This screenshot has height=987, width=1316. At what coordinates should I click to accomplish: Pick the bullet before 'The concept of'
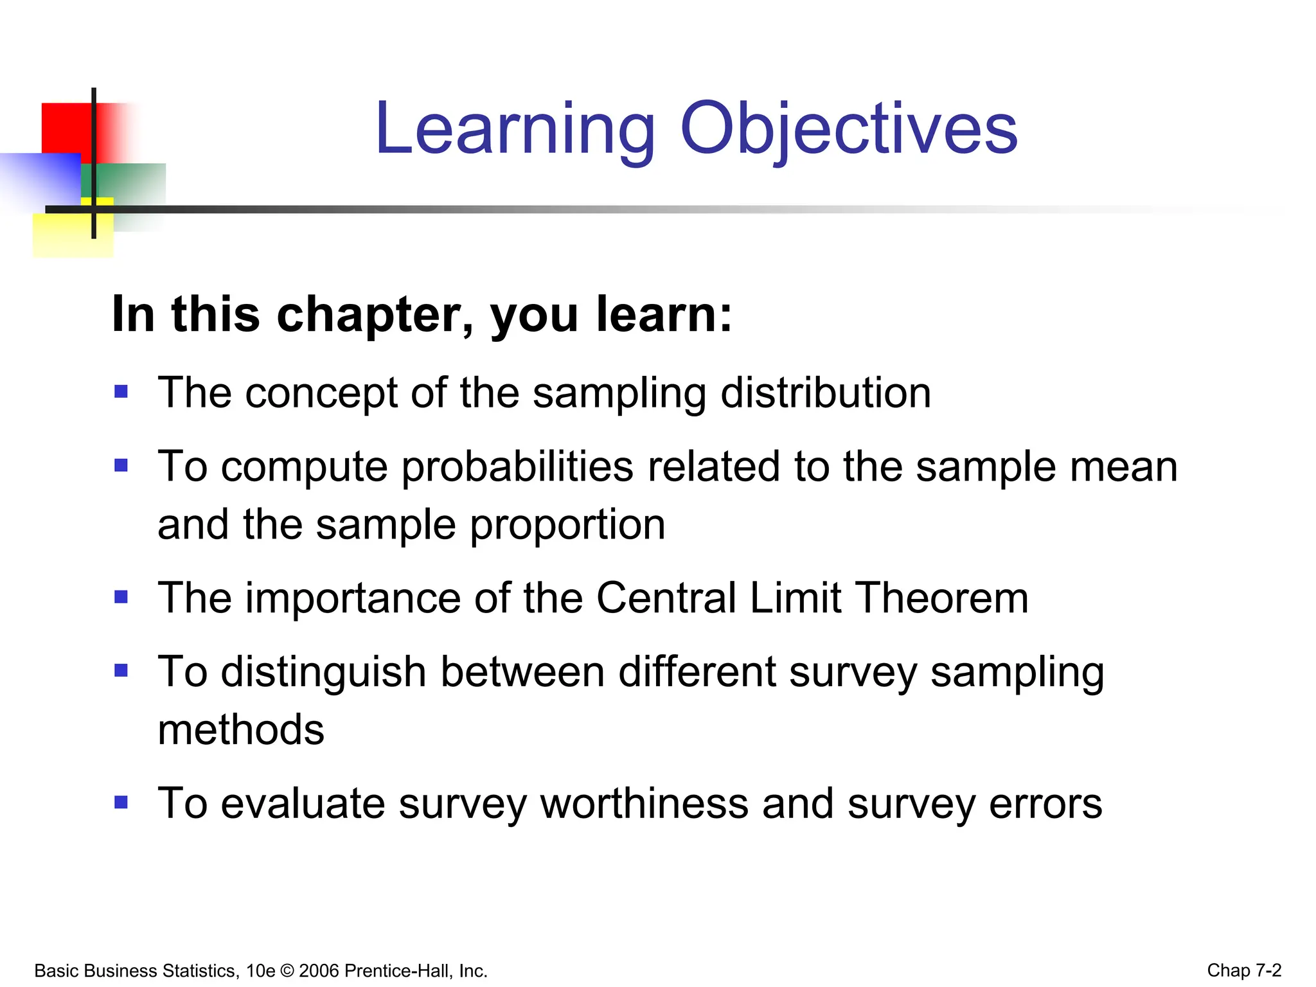tap(121, 391)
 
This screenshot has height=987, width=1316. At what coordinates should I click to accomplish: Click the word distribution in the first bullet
tap(825, 393)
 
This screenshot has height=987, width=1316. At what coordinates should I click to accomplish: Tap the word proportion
tap(567, 525)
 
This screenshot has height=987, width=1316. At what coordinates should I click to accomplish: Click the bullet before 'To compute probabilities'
tap(121, 465)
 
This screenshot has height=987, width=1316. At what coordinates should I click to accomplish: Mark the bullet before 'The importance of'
tap(121, 597)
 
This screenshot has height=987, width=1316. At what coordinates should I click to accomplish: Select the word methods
tap(241, 731)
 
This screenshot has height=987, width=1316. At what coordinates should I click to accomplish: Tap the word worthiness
tap(645, 804)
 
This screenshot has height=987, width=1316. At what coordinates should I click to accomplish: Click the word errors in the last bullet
tap(1045, 804)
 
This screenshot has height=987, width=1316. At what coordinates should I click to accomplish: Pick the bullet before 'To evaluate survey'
tap(121, 802)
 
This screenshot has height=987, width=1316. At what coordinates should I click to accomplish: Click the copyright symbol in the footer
tap(287, 970)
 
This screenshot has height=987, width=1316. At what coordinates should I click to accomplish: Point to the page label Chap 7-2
tap(1244, 970)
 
